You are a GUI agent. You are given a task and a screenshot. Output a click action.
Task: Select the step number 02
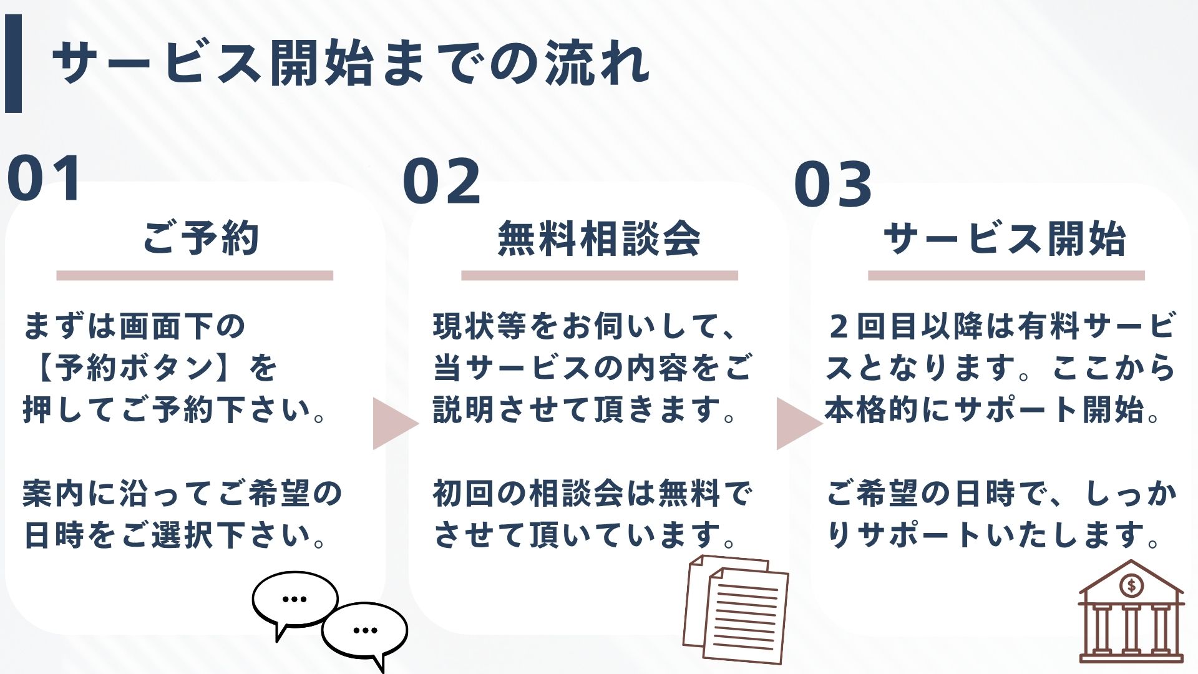coord(442,182)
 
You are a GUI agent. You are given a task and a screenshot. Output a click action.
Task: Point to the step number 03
coord(832,184)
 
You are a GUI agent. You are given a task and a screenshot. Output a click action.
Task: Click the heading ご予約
coord(200,238)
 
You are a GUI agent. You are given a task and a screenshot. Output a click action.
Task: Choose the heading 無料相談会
coord(599,239)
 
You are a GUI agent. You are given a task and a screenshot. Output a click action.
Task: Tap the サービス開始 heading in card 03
coord(1005,239)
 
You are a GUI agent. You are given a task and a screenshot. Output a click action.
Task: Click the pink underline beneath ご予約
coord(195,275)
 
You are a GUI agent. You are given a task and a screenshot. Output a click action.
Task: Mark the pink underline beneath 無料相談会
coord(599,275)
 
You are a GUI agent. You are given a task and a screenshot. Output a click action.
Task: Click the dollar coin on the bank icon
coord(1131,585)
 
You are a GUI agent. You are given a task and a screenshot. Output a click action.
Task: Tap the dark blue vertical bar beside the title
coord(13,63)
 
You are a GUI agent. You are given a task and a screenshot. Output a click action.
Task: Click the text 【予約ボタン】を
coord(150,368)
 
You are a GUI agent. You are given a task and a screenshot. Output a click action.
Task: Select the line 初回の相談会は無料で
coord(593,494)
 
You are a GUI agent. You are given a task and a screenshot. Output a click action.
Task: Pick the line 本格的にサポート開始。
coord(992,410)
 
